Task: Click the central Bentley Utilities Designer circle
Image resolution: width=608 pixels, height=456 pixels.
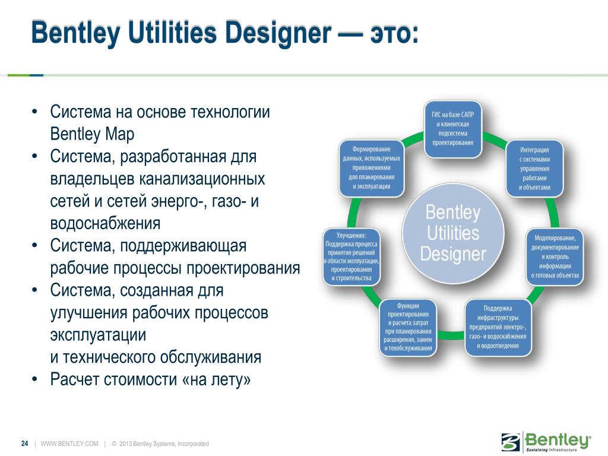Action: coord(453,233)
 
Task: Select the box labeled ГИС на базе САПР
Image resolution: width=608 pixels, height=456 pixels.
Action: coord(453,129)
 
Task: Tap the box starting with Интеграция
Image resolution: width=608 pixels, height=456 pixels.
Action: coord(535,168)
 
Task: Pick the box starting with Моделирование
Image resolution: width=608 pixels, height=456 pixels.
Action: coord(555,256)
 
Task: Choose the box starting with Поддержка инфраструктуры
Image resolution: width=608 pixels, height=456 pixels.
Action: coord(498,327)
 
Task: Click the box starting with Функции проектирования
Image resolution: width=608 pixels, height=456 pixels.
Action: coord(408,327)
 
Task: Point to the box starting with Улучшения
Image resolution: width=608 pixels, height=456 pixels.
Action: coord(351,256)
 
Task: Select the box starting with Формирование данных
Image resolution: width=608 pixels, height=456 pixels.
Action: coord(372,168)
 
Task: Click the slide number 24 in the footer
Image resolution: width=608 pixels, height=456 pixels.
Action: coord(25,444)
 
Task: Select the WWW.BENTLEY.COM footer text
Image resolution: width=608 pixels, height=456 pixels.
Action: coord(69,444)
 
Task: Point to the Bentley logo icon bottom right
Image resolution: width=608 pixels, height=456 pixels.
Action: coord(511,442)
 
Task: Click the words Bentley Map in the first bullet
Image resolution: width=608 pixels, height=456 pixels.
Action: coord(92,134)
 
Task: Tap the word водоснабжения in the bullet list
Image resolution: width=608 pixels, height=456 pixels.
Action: coord(105,224)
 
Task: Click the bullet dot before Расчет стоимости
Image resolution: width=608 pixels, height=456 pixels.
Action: coord(35,379)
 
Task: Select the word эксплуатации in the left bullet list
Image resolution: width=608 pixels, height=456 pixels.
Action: coord(98,335)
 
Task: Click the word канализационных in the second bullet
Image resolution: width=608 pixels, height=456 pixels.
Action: coord(202,179)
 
